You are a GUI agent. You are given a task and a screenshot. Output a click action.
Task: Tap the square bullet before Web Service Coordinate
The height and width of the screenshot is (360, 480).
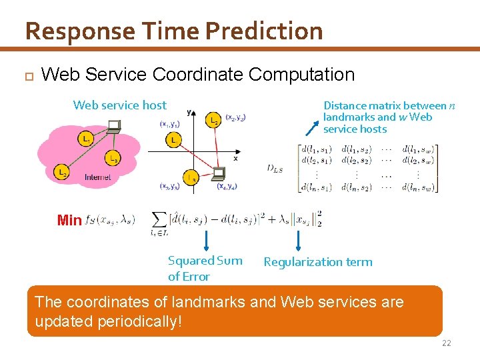click(x=27, y=75)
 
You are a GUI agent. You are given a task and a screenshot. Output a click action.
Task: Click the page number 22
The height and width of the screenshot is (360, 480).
click(x=447, y=343)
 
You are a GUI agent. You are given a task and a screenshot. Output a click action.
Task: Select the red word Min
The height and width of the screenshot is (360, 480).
click(x=69, y=220)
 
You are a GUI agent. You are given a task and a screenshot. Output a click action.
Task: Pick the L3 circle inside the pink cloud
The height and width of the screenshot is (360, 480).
click(x=113, y=159)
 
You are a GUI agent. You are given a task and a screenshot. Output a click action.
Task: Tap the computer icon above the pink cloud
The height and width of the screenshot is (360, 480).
click(x=114, y=125)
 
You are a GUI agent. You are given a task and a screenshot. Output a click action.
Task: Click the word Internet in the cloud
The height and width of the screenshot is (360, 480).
click(x=98, y=177)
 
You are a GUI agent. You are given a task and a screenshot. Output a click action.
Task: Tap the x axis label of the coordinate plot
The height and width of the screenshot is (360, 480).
click(x=235, y=159)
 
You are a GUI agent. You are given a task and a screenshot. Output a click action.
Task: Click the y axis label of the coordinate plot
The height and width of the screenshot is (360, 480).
click(x=189, y=112)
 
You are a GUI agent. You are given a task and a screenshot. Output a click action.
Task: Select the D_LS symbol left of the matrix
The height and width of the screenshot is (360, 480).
click(x=274, y=169)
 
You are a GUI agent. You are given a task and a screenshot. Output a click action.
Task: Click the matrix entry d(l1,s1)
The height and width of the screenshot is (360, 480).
click(x=316, y=149)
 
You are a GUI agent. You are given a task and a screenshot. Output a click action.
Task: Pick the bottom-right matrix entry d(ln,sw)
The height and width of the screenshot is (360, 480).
click(x=419, y=187)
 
